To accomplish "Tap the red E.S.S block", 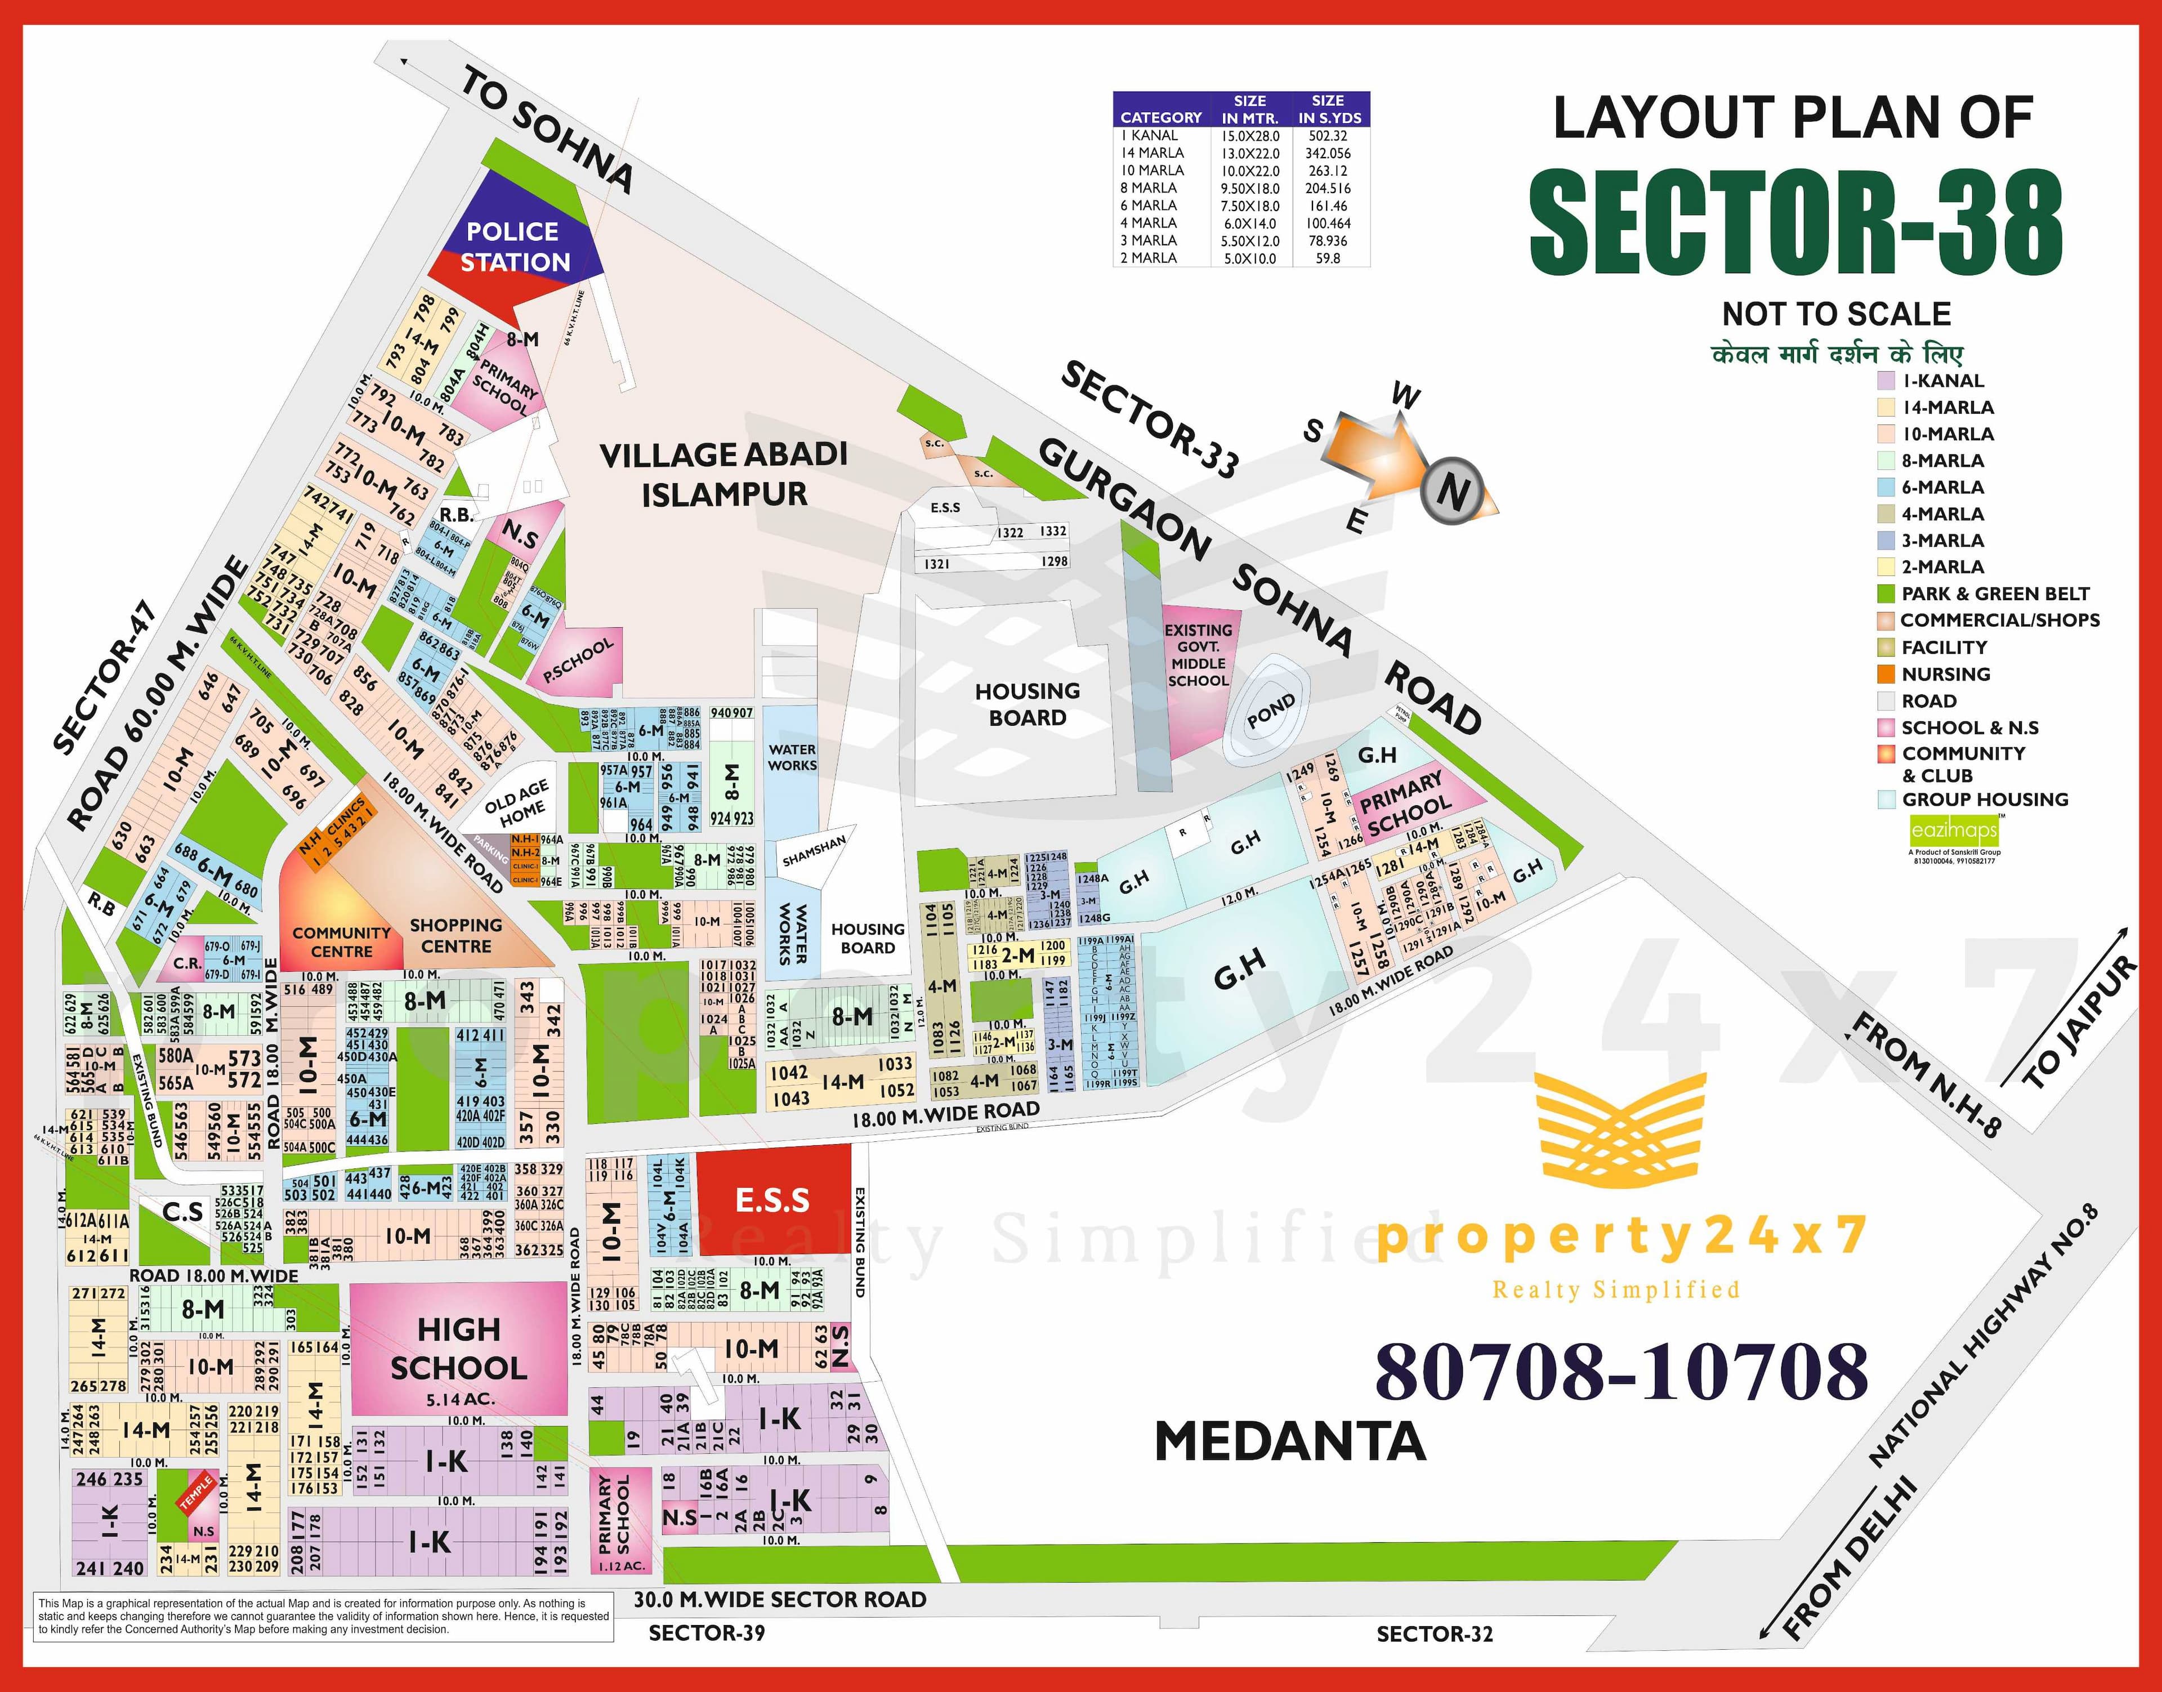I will click(x=772, y=1200).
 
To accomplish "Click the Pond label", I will click(x=1271, y=710).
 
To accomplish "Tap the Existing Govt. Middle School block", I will click(x=1198, y=656).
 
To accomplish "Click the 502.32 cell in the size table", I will click(x=1327, y=136).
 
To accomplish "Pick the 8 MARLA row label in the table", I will click(x=1149, y=188).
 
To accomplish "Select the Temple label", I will click(x=195, y=1493).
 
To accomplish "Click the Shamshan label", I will click(x=814, y=850).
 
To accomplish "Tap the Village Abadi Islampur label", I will click(x=724, y=475).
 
